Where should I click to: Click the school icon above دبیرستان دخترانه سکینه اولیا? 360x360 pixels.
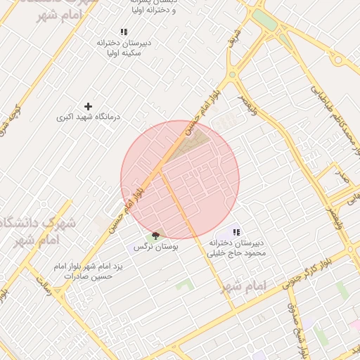point(124,32)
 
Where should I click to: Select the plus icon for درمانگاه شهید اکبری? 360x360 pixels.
point(88,105)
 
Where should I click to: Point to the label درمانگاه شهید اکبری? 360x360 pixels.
point(88,117)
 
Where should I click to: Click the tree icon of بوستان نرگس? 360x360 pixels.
point(155,235)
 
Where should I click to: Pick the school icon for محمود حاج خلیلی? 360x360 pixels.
point(237,232)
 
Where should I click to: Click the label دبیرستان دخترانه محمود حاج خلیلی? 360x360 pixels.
point(237,247)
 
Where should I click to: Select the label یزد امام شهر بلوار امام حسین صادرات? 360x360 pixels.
point(89,271)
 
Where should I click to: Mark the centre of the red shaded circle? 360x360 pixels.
point(180,179)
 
